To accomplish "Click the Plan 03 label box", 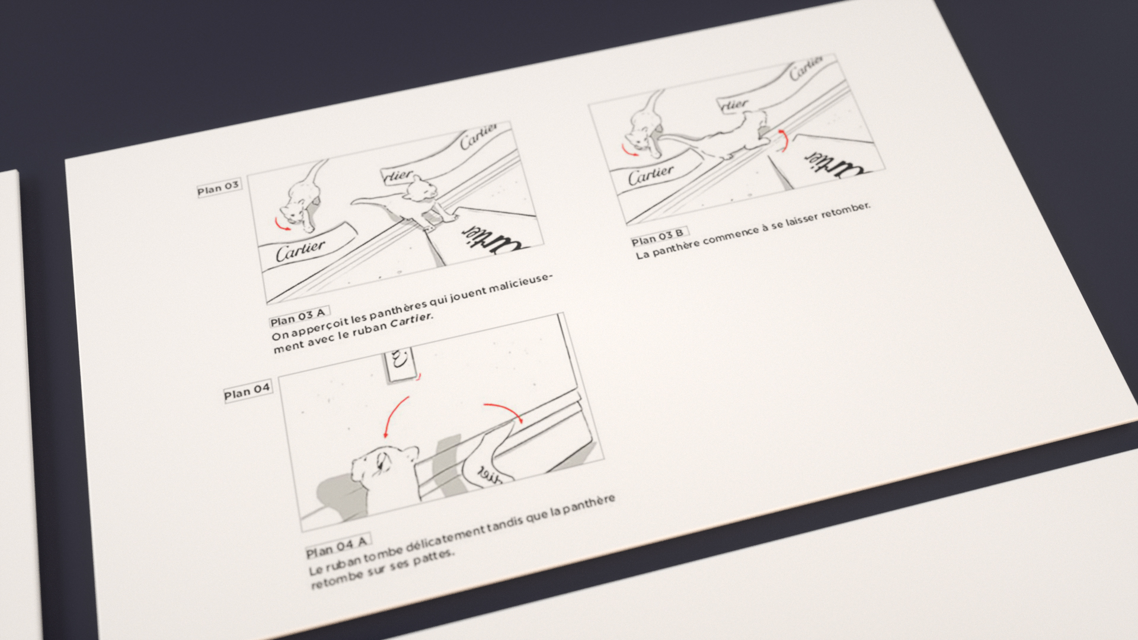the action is point(218,188).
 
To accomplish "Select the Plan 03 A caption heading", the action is point(299,318).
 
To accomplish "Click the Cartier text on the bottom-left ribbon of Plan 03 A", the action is point(301,249).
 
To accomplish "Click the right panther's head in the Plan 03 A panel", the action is point(420,188).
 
